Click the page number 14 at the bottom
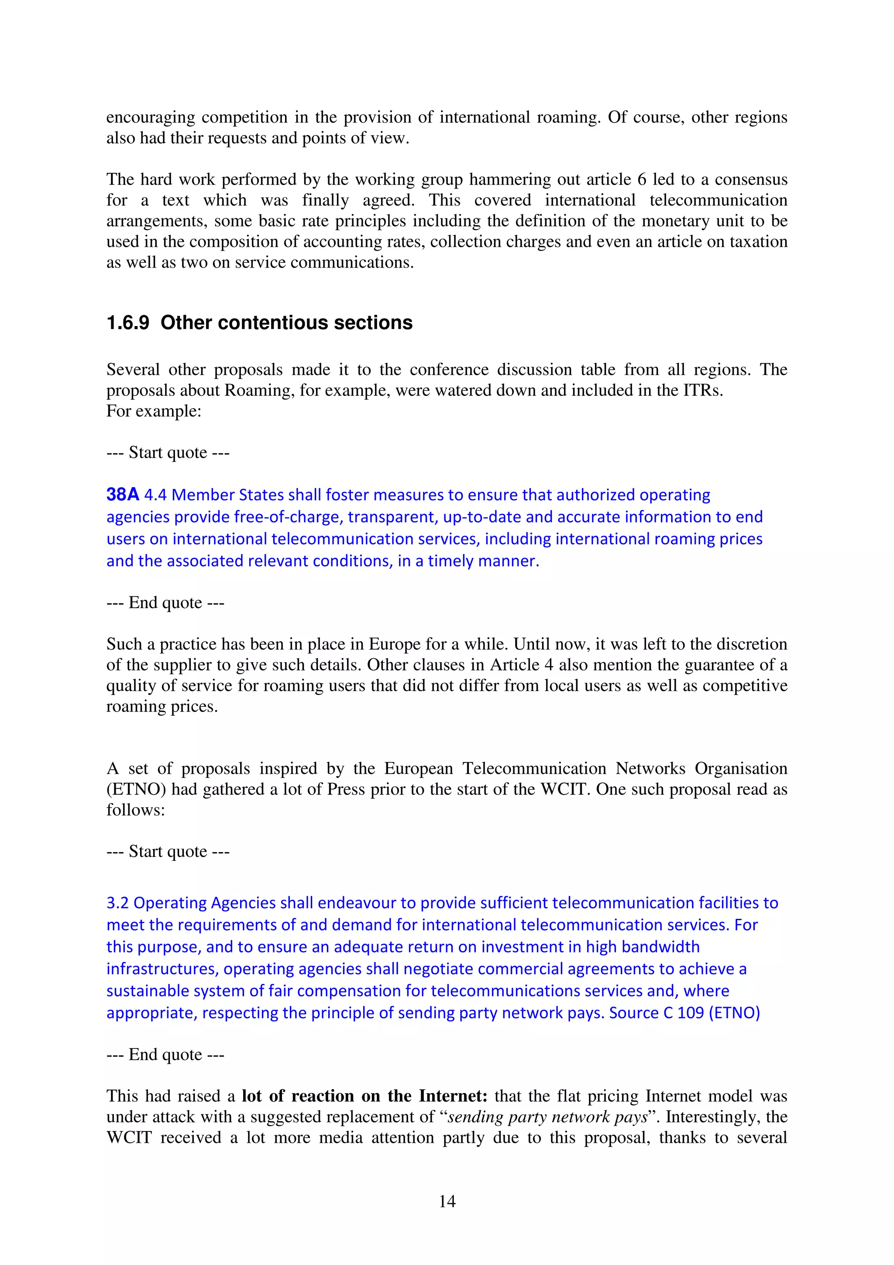tap(447, 1201)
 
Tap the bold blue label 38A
tap(122, 494)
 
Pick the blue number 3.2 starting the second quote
tap(118, 902)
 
